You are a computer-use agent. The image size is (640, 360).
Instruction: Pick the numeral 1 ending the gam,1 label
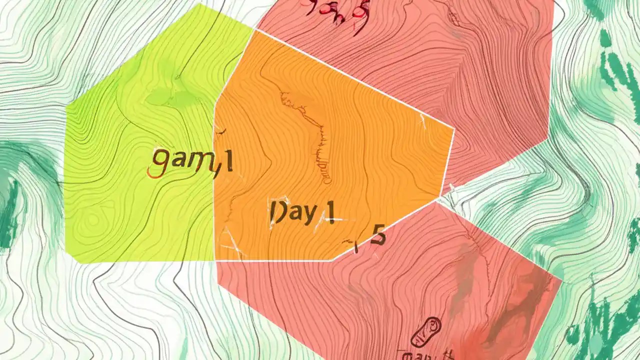coord(228,162)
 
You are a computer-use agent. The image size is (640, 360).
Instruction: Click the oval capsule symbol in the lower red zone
coord(426,331)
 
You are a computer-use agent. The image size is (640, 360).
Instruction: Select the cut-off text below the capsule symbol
coord(425,354)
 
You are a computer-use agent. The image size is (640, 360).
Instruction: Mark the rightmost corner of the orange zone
coord(453,129)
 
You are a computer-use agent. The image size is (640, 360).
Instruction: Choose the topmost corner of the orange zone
coord(255,29)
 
